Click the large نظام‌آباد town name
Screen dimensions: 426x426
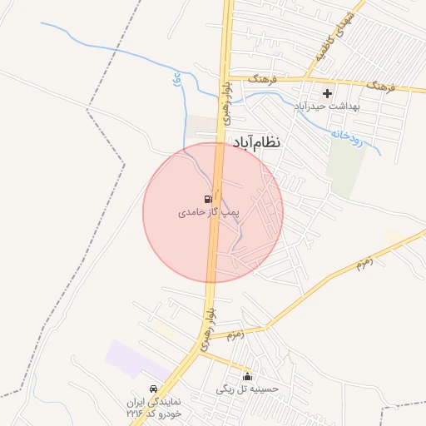257,143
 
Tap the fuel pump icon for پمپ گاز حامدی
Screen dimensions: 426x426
206,199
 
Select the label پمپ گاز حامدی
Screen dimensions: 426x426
208,213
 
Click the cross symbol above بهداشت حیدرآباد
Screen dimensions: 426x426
327,93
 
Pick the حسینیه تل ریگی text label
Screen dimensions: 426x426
248,389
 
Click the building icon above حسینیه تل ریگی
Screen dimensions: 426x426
247,376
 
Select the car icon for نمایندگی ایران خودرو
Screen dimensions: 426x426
153,389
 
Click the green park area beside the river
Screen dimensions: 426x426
346,162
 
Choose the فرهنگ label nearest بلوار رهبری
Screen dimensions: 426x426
262,78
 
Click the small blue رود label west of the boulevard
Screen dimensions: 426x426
176,81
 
